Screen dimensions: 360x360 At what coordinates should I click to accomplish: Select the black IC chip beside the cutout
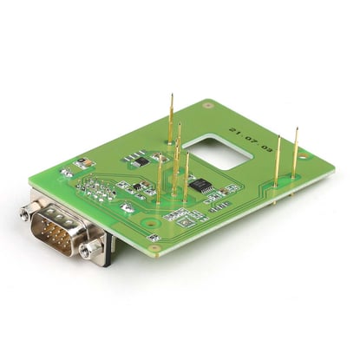(200, 185)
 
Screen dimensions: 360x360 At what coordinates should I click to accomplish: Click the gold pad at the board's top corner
(208, 105)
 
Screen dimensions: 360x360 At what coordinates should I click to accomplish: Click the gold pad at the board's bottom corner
(154, 248)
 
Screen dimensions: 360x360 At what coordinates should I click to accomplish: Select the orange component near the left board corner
(82, 162)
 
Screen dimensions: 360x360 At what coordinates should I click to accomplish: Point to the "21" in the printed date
(234, 132)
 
